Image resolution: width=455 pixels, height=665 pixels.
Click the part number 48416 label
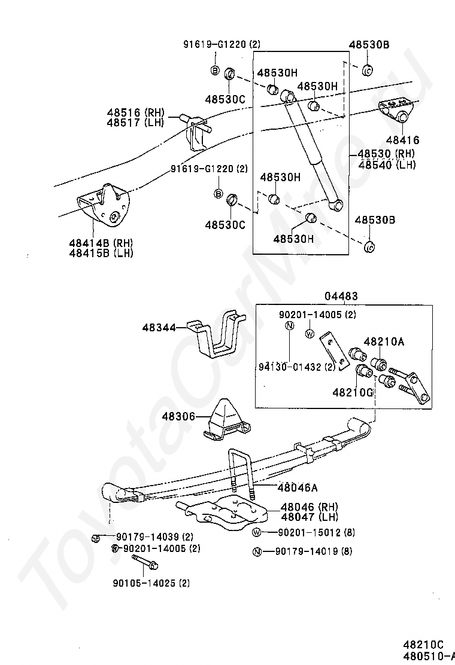pyautogui.click(x=402, y=139)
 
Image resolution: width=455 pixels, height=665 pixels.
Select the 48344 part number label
pyautogui.click(x=159, y=327)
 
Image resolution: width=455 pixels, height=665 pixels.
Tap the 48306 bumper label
pyautogui.click(x=178, y=417)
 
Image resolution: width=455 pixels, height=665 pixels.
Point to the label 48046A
pyautogui.click(x=298, y=487)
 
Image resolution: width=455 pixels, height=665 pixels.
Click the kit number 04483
pyautogui.click(x=341, y=295)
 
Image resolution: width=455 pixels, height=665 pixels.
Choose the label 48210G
pyautogui.click(x=352, y=392)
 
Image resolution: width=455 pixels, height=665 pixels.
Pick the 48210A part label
pyautogui.click(x=384, y=341)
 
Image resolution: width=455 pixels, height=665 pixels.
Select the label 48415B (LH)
pyautogui.click(x=101, y=253)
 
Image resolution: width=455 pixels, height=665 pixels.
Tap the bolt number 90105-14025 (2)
pyautogui.click(x=151, y=583)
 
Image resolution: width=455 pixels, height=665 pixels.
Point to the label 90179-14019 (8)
pyautogui.click(x=314, y=551)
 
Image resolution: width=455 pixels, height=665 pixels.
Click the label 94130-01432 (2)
pyautogui.click(x=297, y=367)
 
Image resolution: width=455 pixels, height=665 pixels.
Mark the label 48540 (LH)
pyautogui.click(x=387, y=164)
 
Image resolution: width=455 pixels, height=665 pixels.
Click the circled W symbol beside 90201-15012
pyautogui.click(x=256, y=532)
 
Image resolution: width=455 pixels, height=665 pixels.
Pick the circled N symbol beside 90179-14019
pyautogui.click(x=256, y=552)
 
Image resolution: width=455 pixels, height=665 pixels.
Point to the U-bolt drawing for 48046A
pyautogui.click(x=241, y=475)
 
